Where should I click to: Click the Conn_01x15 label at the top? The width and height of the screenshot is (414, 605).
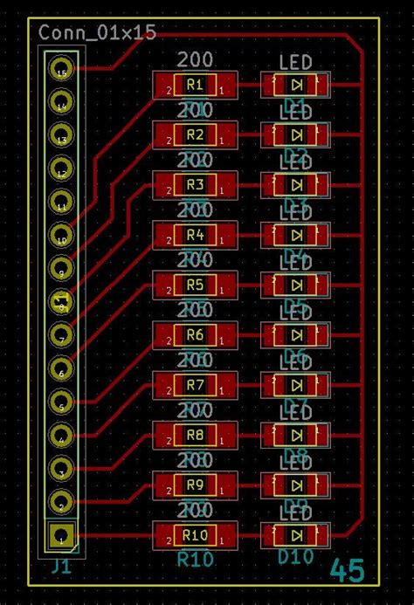(97, 33)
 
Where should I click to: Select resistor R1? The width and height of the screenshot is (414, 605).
(195, 85)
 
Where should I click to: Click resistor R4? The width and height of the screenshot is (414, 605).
(195, 235)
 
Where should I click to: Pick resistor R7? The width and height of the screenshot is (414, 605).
(195, 385)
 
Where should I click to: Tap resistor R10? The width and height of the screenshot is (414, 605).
(195, 535)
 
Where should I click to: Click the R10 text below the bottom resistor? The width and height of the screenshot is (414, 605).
(195, 557)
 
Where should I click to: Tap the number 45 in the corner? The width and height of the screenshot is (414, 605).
(348, 571)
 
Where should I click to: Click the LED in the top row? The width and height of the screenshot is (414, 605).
(296, 85)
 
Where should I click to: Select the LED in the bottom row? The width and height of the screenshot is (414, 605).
(296, 535)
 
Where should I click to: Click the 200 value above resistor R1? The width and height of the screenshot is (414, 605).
(195, 60)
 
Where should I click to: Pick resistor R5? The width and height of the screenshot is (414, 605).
(195, 285)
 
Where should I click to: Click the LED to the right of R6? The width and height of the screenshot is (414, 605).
(296, 335)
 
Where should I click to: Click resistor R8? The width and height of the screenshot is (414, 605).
(195, 435)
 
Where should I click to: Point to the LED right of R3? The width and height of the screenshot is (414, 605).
(296, 185)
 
